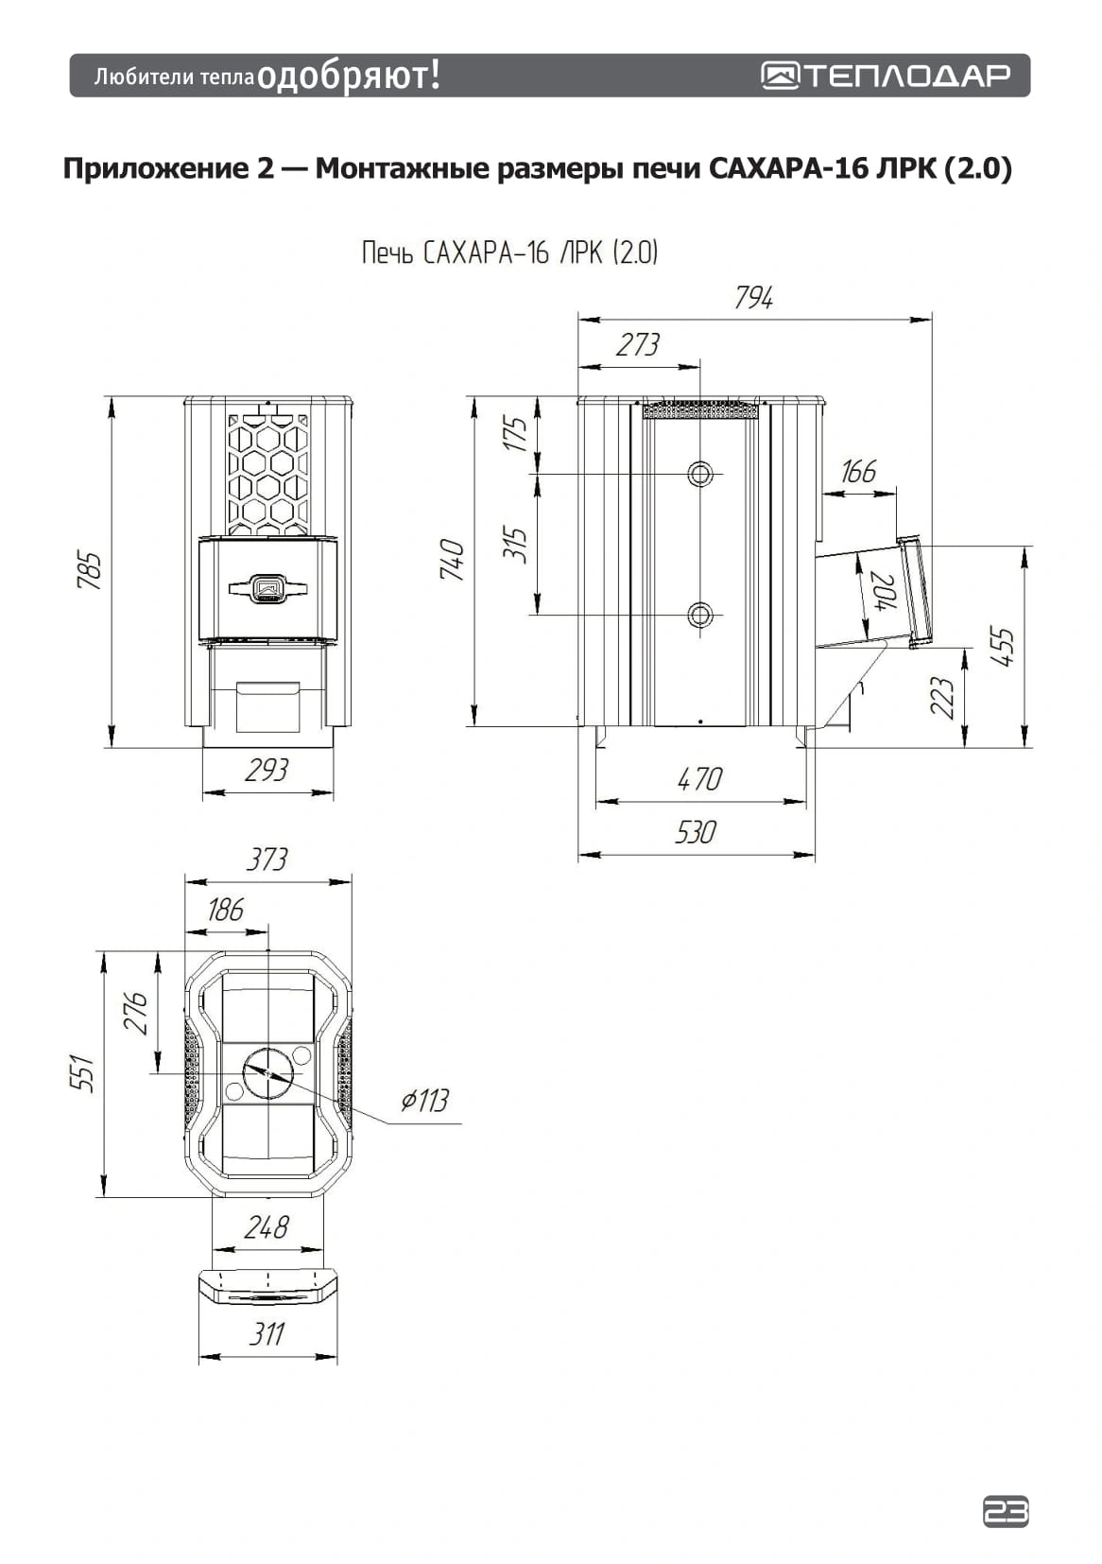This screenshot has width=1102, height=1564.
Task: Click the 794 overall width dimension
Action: (753, 298)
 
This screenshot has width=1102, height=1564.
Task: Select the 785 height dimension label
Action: (89, 570)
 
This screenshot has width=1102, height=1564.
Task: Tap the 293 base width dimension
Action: (267, 770)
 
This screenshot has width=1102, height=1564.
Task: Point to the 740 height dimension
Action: (453, 560)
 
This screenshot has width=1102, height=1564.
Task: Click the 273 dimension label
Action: (638, 345)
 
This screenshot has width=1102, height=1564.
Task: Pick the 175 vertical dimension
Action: (515, 433)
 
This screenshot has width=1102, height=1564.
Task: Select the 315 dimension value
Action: (515, 544)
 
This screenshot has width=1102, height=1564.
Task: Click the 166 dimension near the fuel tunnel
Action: (858, 471)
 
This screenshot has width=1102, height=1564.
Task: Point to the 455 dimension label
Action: (1002, 647)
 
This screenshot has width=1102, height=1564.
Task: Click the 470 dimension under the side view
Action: (699, 779)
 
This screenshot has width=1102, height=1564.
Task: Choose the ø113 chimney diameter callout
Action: (424, 1101)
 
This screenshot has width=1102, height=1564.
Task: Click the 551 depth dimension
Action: (83, 1073)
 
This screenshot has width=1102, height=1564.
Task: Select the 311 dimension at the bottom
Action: (267, 1334)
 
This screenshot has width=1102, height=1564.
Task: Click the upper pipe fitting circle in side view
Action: (700, 474)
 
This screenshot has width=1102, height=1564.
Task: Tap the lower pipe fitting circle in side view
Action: (700, 617)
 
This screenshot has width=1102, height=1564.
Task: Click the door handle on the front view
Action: (268, 588)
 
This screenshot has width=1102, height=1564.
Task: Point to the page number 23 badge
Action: (1006, 1512)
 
